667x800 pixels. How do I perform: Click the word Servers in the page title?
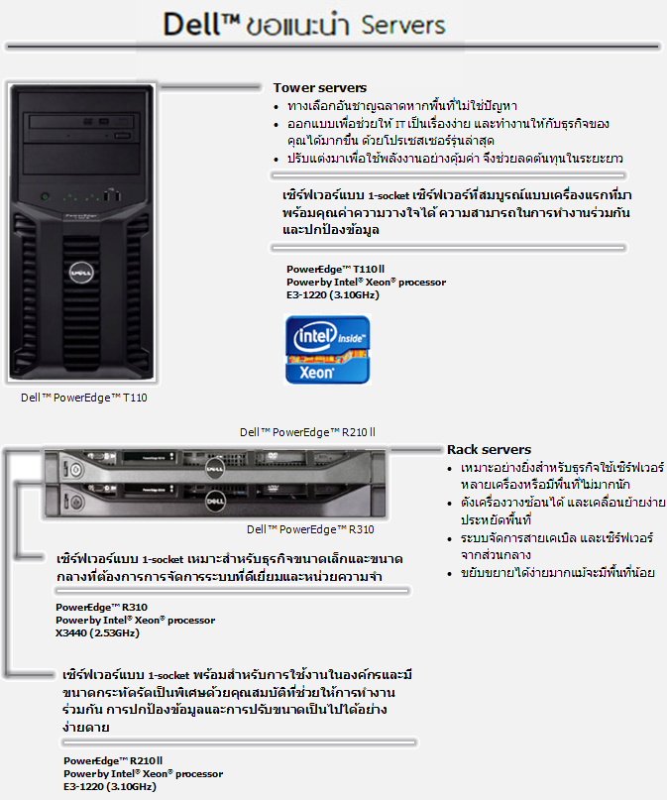[x=403, y=23]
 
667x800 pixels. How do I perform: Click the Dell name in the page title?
[x=197, y=23]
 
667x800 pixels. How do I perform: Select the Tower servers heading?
[x=319, y=88]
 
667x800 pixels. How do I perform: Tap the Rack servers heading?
[x=489, y=449]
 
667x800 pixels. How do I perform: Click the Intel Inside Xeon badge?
[x=327, y=350]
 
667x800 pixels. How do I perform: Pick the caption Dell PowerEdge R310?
[x=310, y=528]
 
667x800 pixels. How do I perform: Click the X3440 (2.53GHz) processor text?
[x=97, y=632]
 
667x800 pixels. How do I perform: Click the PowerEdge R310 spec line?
[x=95, y=607]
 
